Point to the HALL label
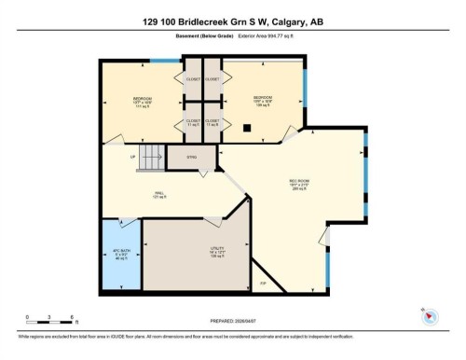point(159,195)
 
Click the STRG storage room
point(191,158)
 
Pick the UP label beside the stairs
point(134,155)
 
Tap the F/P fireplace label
point(263,282)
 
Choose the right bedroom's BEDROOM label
point(263,97)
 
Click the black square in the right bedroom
point(247,128)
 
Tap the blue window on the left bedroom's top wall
point(164,62)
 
